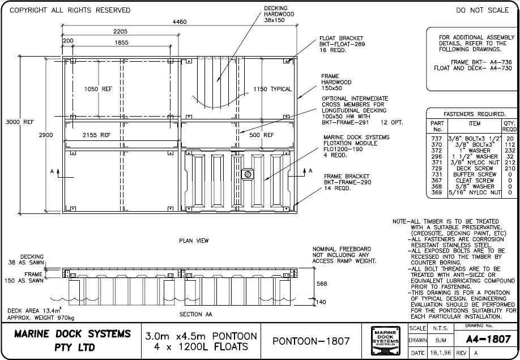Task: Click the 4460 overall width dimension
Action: (x=180, y=22)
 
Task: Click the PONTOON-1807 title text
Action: (x=306, y=341)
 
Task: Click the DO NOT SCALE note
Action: (x=482, y=10)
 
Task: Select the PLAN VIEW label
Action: (x=194, y=241)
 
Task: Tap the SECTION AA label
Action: (x=195, y=314)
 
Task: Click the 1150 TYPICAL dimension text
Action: (x=272, y=89)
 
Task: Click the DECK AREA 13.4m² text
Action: (x=32, y=311)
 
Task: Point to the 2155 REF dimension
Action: (x=97, y=136)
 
